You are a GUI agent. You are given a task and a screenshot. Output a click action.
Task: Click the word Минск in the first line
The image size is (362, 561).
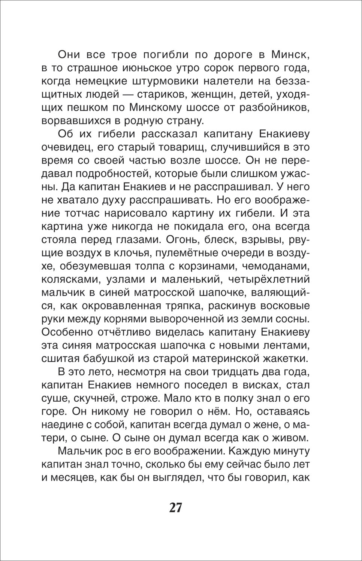(x=290, y=56)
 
